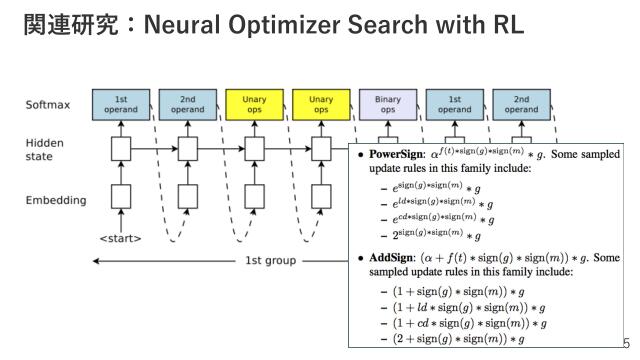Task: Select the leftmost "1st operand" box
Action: point(121,105)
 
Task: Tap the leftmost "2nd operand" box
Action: point(187,105)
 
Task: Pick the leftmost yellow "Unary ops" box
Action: point(254,105)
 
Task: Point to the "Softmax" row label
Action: point(46,104)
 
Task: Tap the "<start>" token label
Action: point(119,238)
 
